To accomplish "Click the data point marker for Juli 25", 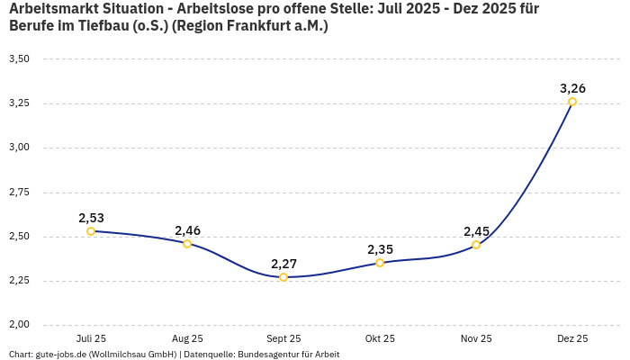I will click(91, 231).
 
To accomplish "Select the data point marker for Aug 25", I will click(187, 244).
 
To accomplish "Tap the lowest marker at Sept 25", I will click(283, 277).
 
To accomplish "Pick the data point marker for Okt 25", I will click(380, 263).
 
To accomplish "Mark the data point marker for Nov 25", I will click(476, 245).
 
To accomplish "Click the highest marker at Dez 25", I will click(572, 102).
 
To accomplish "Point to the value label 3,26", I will click(572, 88).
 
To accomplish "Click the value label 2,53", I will click(91, 218).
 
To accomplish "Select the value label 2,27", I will click(283, 264).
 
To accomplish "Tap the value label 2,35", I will click(380, 249).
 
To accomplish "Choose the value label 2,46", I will click(187, 230).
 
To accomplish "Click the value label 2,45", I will click(476, 231).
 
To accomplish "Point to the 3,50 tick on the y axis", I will click(19, 59).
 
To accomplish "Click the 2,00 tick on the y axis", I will click(19, 325).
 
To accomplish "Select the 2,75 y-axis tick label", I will click(19, 193).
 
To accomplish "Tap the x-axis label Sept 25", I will click(283, 338).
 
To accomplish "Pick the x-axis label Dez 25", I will click(572, 338).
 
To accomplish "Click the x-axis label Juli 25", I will click(91, 338).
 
